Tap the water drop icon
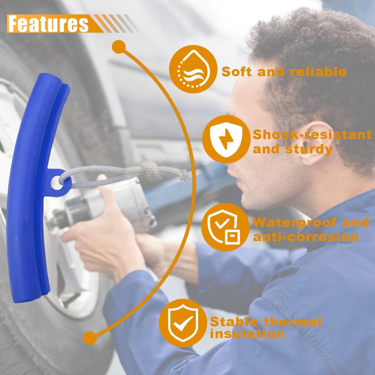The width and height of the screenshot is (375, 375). pos(193,69)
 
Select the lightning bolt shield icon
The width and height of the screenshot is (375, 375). pos(226,139)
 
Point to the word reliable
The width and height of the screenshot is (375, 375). pos(318,72)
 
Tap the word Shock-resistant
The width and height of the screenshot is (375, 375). pos(312,135)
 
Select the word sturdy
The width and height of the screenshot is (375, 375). pos(309,150)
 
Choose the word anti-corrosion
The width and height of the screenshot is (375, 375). pos(306,237)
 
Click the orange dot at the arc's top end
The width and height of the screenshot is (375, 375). pos(118,47)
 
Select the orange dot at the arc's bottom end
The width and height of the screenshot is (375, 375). pos(90,338)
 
